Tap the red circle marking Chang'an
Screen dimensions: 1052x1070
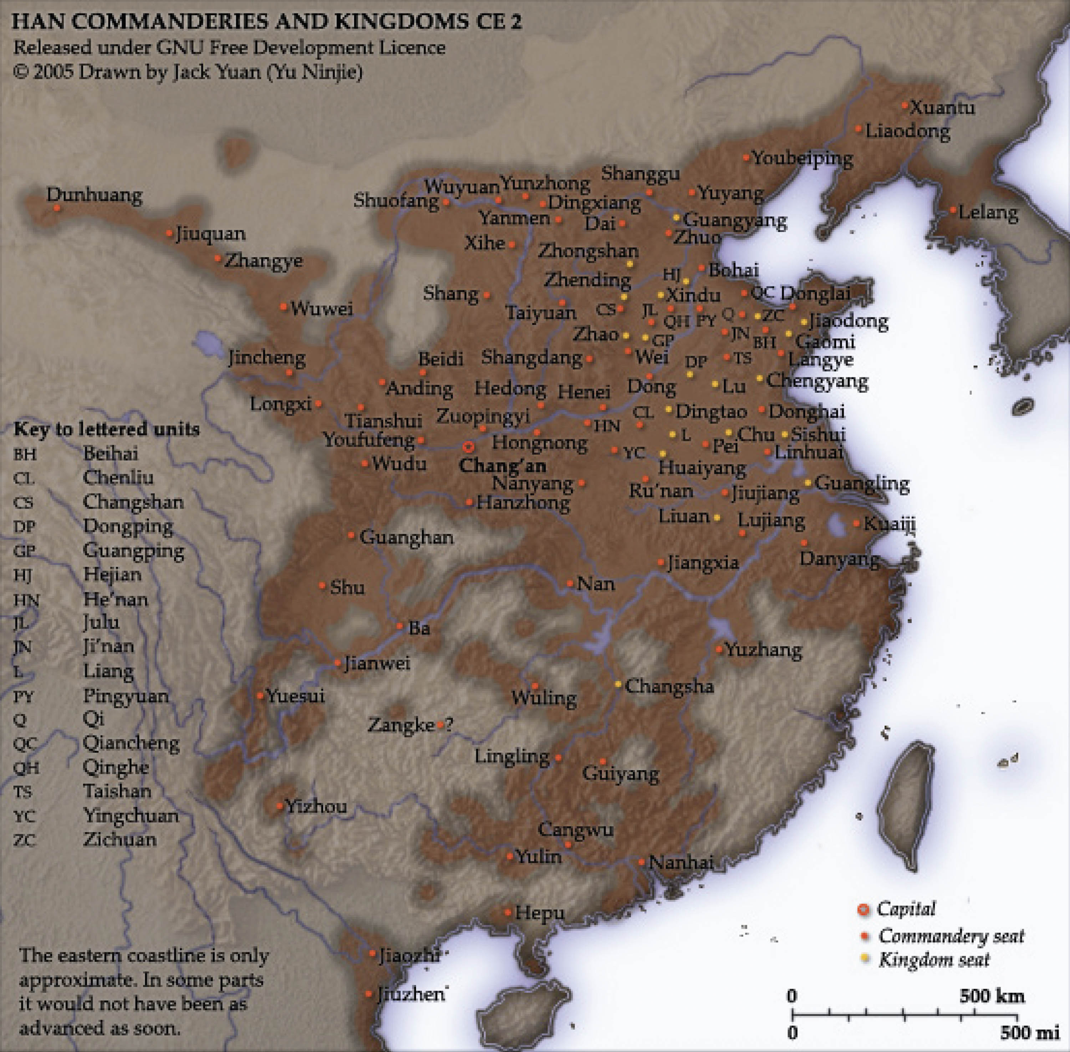[x=468, y=446]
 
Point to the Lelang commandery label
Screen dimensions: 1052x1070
[x=988, y=212]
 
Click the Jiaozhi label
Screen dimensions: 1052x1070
[x=409, y=955]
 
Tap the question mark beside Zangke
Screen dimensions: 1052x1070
[x=449, y=724]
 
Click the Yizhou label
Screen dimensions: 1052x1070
[x=316, y=806]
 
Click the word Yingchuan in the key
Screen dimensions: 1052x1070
[x=131, y=816]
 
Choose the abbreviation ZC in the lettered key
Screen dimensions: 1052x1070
[x=24, y=841]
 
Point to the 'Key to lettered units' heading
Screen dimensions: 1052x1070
[x=107, y=429]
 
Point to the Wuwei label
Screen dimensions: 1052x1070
[x=322, y=308]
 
